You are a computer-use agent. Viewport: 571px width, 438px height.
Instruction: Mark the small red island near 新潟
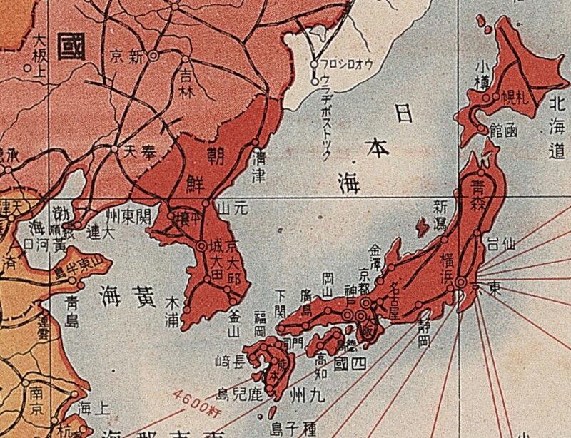421,228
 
